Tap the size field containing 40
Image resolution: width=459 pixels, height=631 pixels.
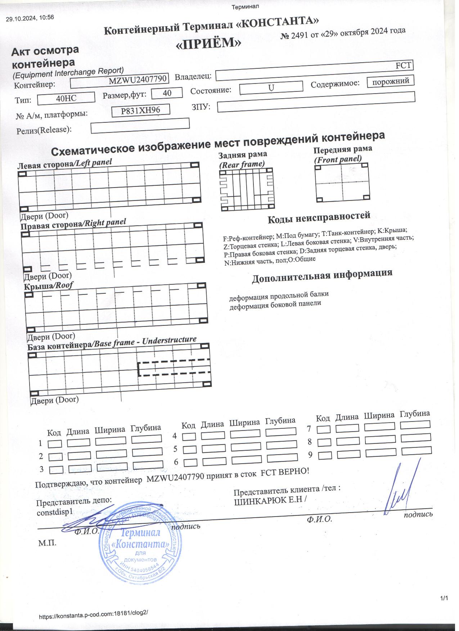coord(167,93)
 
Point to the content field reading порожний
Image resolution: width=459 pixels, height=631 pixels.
coord(390,81)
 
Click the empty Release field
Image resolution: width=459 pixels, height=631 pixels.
coord(140,126)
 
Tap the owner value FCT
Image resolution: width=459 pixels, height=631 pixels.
coord(404,66)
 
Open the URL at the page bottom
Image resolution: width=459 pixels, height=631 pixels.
coord(94,616)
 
